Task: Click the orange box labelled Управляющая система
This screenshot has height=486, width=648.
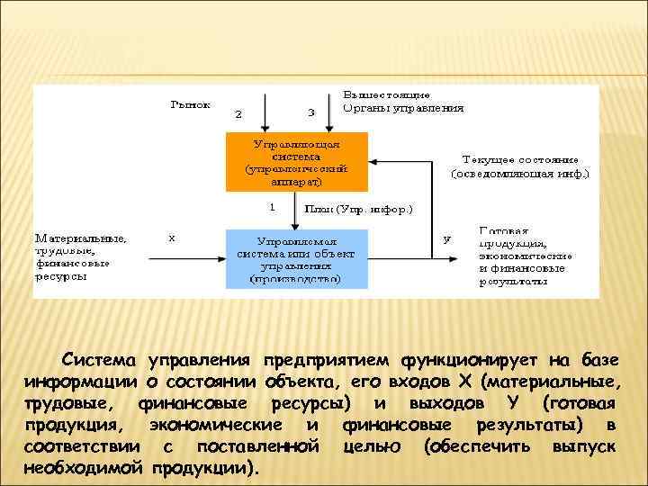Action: point(296,162)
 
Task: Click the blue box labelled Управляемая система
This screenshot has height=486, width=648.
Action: point(296,259)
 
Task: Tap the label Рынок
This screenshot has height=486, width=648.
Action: point(191,105)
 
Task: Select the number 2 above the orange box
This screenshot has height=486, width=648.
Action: point(238,114)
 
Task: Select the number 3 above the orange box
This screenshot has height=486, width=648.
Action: point(311,113)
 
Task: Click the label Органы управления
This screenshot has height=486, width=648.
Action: point(403,108)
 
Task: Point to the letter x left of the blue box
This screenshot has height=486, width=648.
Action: point(172,238)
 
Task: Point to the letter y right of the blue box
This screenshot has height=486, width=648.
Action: point(447,239)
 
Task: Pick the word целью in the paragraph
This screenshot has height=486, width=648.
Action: point(373,446)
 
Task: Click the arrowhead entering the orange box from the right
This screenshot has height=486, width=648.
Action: point(373,162)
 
